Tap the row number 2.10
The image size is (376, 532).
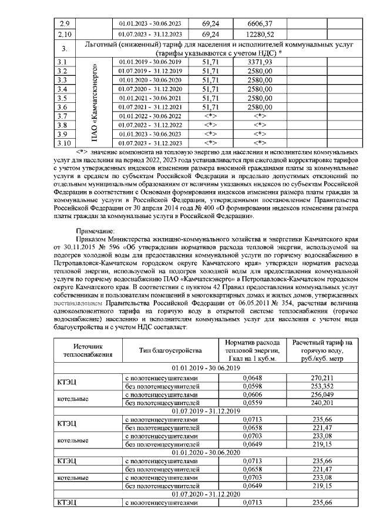[65, 34]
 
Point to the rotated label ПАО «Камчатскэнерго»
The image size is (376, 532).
[96, 101]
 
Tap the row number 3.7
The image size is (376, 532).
[65, 116]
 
